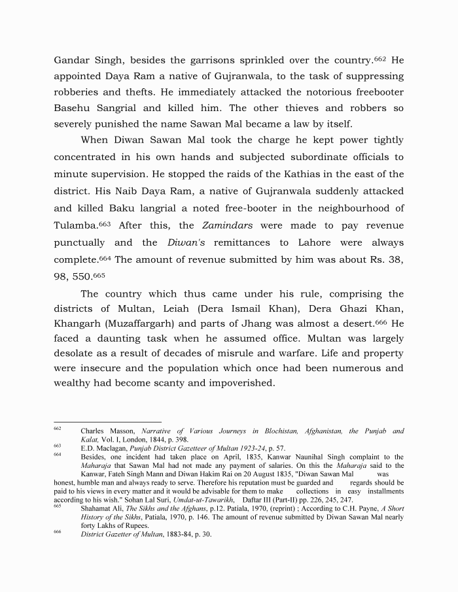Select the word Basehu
pos(75,108)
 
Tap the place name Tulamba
pos(73,225)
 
